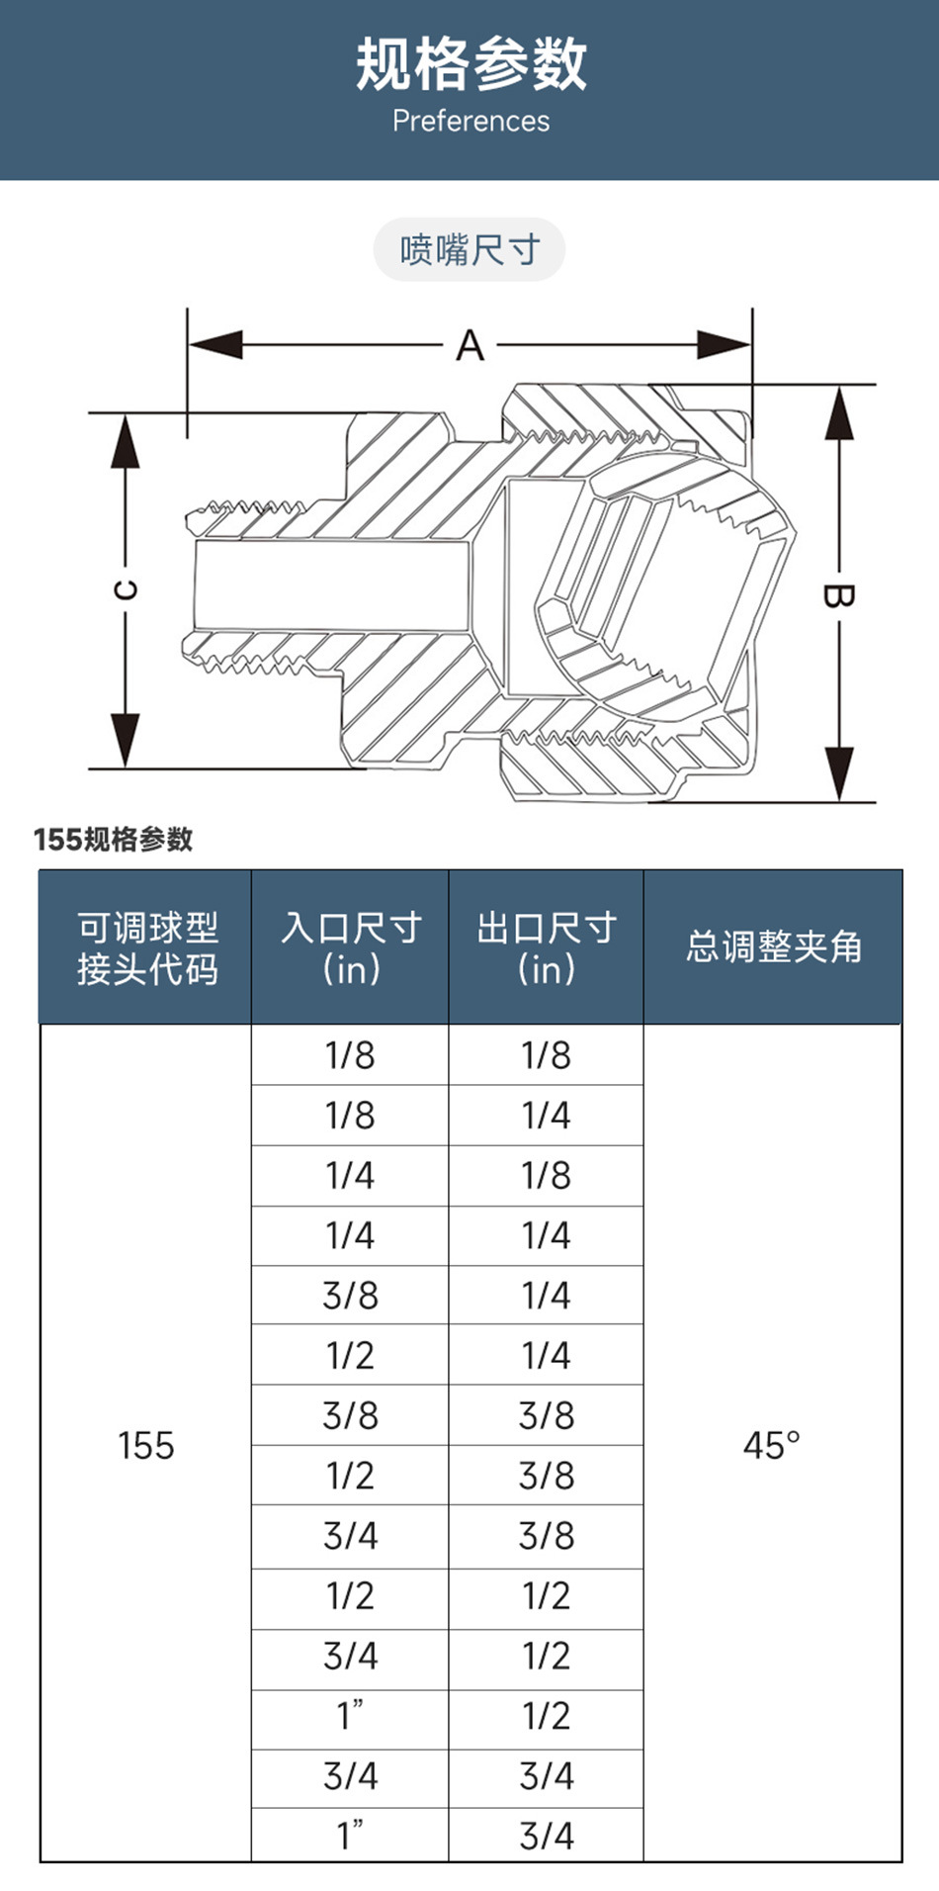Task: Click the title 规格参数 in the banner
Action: [470, 64]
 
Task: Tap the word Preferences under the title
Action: [470, 122]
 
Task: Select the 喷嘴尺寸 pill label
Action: [469, 250]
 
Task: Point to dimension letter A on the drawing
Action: [470, 346]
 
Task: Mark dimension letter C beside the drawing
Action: [126, 590]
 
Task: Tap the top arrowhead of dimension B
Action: [839, 410]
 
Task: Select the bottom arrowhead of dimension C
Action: [126, 742]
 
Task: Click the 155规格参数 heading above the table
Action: [114, 840]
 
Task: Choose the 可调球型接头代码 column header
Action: [146, 947]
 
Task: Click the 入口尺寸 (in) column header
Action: [351, 947]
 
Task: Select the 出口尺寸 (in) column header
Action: [547, 947]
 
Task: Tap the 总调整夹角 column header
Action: [773, 947]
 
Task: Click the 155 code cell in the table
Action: [146, 1445]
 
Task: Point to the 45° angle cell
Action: [772, 1445]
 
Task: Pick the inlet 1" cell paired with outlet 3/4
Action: [351, 1836]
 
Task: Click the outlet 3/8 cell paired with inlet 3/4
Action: [547, 1536]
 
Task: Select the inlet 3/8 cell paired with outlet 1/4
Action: [351, 1296]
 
